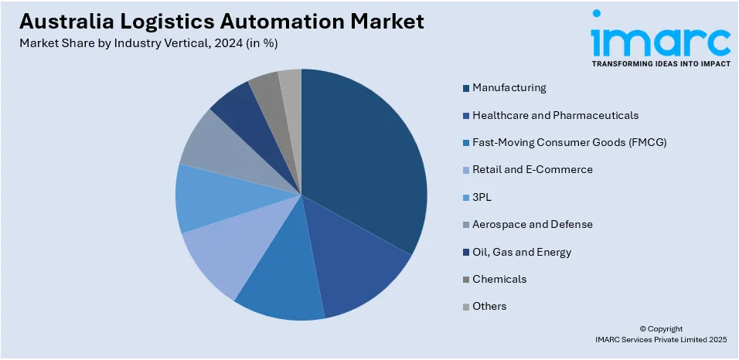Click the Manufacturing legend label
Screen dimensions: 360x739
509,88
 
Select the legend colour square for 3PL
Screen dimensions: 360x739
466,198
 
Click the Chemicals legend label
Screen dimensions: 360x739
499,279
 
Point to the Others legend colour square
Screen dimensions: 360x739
466,307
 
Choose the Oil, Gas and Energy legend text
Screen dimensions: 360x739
522,252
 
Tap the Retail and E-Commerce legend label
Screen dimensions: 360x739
533,170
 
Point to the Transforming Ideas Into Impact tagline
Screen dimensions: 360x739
661,64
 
